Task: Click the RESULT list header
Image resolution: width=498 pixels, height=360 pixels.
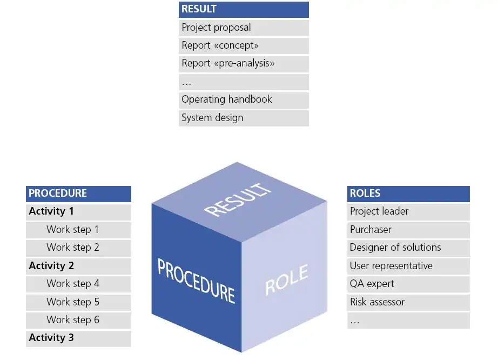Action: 243,9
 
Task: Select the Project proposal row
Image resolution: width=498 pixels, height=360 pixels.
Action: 243,28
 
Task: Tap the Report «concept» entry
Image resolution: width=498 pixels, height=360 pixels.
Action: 243,45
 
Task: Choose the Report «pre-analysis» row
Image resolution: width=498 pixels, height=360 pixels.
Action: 243,63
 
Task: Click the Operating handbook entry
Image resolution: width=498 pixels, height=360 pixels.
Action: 243,99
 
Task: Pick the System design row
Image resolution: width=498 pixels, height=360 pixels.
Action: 243,118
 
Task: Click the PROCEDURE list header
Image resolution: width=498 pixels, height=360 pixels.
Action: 78,194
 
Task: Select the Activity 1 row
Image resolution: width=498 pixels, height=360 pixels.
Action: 78,211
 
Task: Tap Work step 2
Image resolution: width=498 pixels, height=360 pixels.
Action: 78,248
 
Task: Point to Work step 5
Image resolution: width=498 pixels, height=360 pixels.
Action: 78,302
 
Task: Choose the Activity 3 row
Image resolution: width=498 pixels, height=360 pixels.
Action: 78,338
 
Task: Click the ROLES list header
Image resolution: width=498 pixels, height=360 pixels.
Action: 408,194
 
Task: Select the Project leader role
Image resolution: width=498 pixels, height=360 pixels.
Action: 408,211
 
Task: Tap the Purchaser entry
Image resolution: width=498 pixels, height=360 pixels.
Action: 408,230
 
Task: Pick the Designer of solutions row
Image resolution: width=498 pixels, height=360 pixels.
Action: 408,248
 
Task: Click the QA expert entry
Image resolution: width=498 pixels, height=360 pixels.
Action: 408,284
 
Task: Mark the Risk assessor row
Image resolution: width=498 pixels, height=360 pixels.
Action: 408,302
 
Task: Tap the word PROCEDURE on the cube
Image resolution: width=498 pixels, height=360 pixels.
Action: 196,280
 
